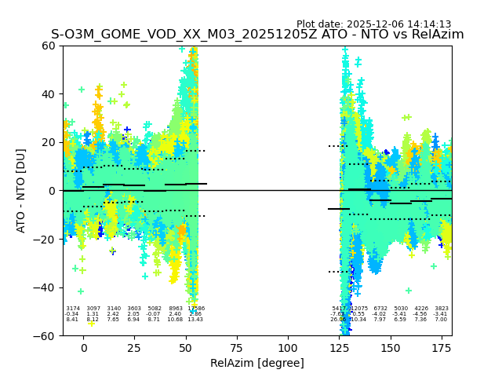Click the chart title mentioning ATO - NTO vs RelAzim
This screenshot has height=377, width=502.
click(257, 35)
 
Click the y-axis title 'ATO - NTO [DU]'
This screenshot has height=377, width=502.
click(21, 190)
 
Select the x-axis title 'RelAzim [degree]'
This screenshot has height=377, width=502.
click(257, 363)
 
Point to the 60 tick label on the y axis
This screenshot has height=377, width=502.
click(49, 46)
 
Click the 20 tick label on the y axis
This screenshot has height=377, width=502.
click(49, 142)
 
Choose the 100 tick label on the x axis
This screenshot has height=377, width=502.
click(288, 348)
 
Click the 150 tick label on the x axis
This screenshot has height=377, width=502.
click(390, 348)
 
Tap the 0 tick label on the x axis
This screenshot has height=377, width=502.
click(84, 348)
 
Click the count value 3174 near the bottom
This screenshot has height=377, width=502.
click(72, 309)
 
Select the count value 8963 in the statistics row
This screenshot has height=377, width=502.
click(175, 309)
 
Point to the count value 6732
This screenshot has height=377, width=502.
click(380, 309)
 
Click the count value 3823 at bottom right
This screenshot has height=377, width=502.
click(442, 309)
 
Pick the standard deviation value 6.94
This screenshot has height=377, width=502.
click(134, 320)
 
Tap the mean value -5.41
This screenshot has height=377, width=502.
click(401, 314)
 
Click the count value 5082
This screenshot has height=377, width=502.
click(155, 309)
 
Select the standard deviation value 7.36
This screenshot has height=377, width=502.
click(421, 320)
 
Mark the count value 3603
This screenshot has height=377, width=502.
click(134, 309)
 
